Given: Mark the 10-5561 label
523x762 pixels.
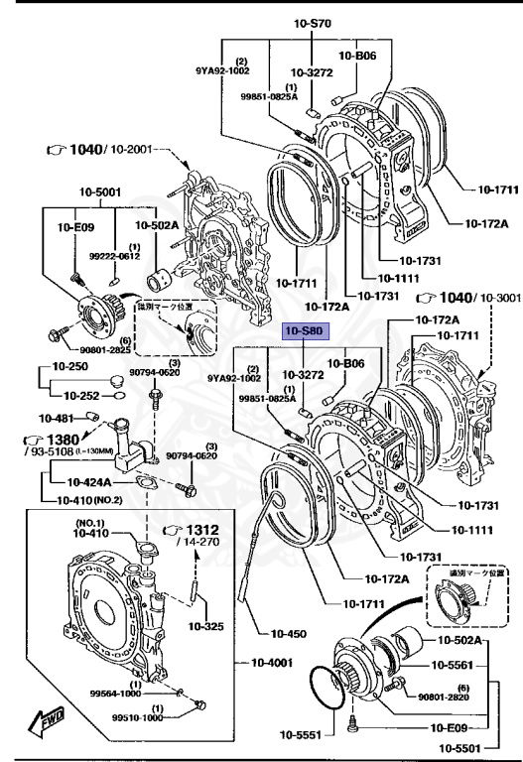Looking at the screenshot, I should click(459, 666).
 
